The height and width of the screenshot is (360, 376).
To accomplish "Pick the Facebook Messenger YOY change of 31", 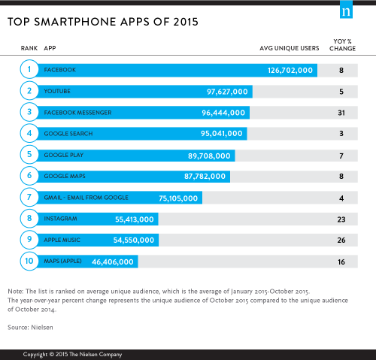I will pyautogui.click(x=342, y=113).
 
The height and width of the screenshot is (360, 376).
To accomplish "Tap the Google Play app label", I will pyautogui.click(x=61, y=156).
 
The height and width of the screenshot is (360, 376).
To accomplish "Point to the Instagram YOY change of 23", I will pyautogui.click(x=342, y=219).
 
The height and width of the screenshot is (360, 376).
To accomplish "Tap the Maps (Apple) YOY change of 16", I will pyautogui.click(x=342, y=262).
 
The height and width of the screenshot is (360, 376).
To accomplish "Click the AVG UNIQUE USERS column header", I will pyautogui.click(x=289, y=48).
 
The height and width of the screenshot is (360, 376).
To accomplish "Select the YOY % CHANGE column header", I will pyautogui.click(x=342, y=45).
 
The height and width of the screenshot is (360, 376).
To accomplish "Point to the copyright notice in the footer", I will pyautogui.click(x=73, y=354).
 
